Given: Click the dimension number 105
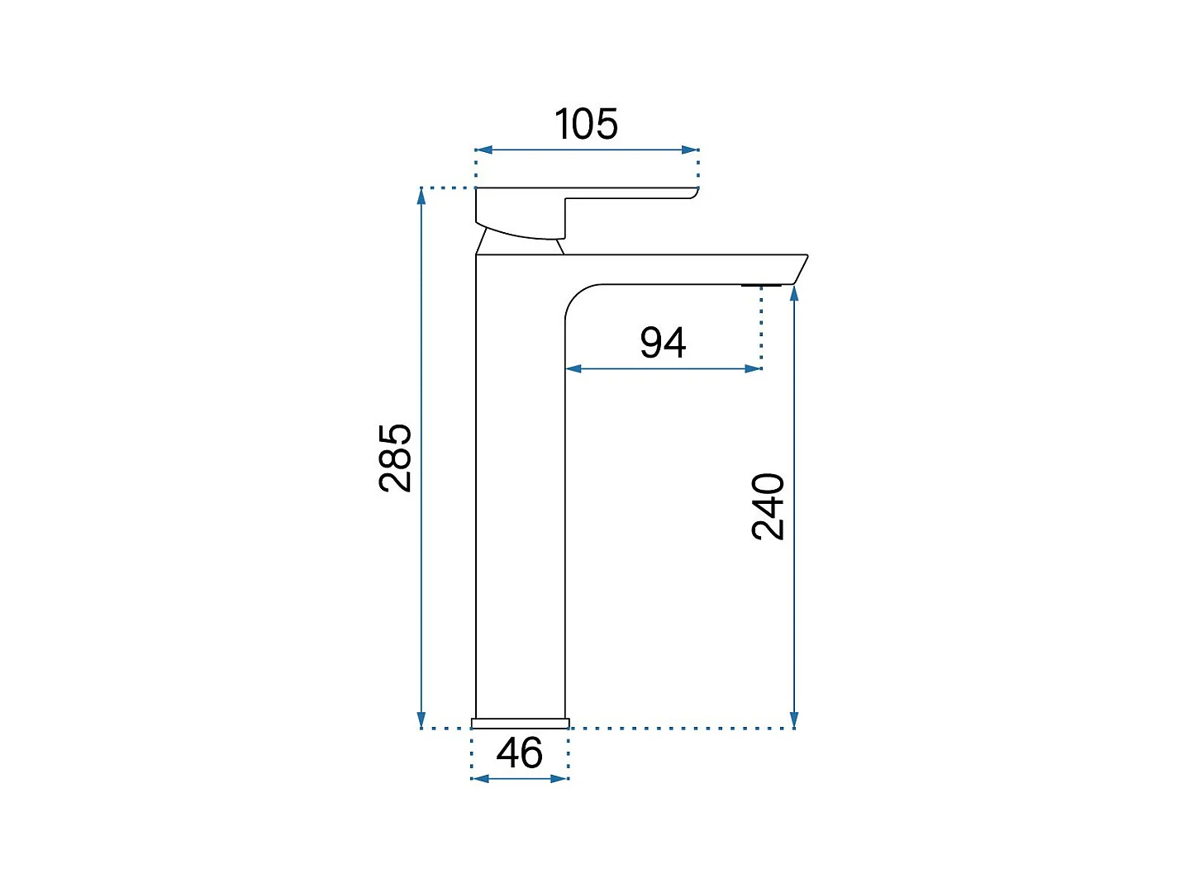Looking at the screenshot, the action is (x=586, y=124).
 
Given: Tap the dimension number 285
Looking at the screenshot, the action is (x=395, y=458).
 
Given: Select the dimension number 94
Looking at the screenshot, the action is (x=663, y=342).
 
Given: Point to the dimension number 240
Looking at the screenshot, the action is (x=767, y=506).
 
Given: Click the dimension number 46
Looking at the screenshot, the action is (x=519, y=753).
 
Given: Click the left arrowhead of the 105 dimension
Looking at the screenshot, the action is (x=483, y=150).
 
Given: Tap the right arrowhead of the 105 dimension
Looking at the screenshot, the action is (x=691, y=150).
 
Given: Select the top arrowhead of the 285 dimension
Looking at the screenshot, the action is (x=421, y=197).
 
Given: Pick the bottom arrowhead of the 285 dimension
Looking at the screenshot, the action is (x=421, y=719).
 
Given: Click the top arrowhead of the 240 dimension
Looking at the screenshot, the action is (x=793, y=294).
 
